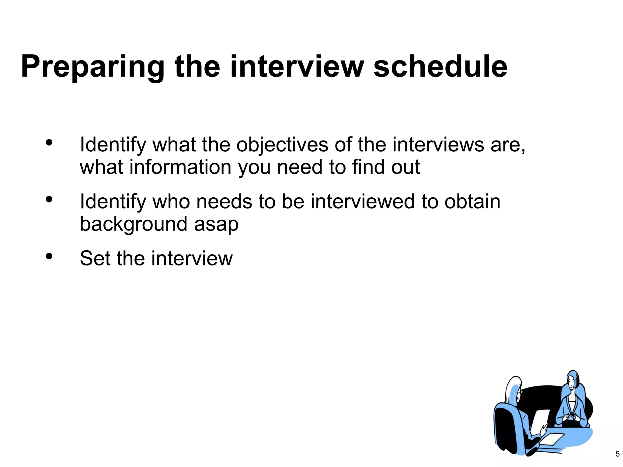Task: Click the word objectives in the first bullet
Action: [282, 145]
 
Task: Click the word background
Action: [133, 224]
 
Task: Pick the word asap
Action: [216, 224]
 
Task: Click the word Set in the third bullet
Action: [95, 258]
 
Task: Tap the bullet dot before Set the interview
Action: [49, 257]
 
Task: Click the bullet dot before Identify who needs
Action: [49, 200]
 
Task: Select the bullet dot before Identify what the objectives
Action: [49, 143]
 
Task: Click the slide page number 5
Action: [617, 454]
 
